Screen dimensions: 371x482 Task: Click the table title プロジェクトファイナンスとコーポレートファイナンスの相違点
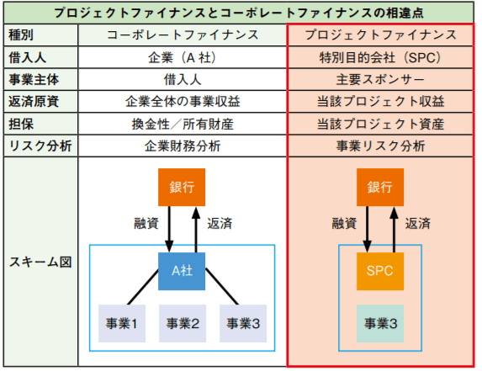241,13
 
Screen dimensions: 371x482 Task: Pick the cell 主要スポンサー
380,79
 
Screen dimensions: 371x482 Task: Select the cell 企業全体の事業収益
182,101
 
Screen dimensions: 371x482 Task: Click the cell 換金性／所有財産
182,123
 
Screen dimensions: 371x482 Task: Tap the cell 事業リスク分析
380,145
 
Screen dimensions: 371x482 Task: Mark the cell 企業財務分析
182,145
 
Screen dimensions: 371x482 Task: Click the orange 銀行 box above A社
182,188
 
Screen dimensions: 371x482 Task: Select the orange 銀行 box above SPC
380,188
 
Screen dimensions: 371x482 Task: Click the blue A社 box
182,271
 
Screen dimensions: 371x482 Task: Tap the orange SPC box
380,271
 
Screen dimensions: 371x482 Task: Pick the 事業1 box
122,322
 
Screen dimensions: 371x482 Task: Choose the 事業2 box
182,322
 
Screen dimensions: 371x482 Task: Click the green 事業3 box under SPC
380,322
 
